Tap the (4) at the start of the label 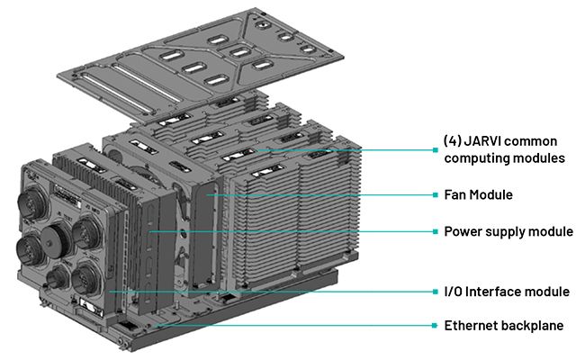point(453,141)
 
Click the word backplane point(535,325)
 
